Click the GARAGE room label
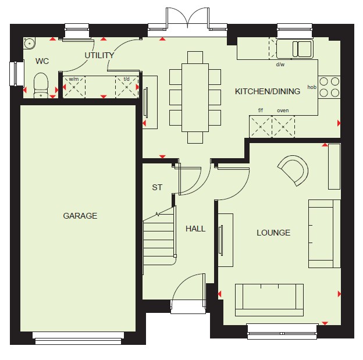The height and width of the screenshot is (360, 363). click(x=80, y=216)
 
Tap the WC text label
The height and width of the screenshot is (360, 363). click(x=42, y=61)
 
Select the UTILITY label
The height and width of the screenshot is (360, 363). click(x=99, y=55)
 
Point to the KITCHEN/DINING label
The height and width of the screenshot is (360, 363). click(x=268, y=91)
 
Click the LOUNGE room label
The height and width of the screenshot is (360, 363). click(x=273, y=233)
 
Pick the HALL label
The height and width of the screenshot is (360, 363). click(x=195, y=229)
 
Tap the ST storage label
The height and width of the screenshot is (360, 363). click(x=157, y=187)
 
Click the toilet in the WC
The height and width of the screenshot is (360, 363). click(x=41, y=85)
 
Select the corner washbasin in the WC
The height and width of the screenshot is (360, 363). click(x=30, y=43)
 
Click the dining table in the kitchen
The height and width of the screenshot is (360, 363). click(x=195, y=98)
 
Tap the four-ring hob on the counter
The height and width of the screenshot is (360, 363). click(x=329, y=87)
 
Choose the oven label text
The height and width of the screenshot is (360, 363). click(x=283, y=111)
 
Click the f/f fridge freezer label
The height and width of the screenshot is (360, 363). click(x=261, y=110)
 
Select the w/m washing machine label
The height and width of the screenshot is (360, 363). click(x=74, y=79)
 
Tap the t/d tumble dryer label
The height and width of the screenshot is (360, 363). click(x=126, y=79)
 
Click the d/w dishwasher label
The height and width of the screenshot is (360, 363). click(x=280, y=65)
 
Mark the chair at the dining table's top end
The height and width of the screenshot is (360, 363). click(x=195, y=58)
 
